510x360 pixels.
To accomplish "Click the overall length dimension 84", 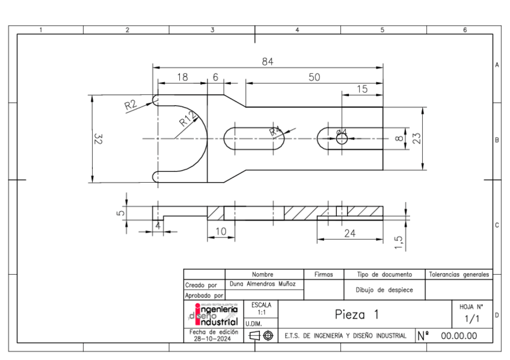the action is [x=268, y=61].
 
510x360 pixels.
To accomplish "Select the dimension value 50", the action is [x=313, y=77].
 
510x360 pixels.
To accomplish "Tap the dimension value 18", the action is [x=182, y=77].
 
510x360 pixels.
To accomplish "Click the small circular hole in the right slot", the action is [x=342, y=139].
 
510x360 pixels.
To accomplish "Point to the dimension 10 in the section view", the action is [x=221, y=231].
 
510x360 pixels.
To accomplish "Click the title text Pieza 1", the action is [x=357, y=314].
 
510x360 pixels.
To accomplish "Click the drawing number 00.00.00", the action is [x=459, y=335].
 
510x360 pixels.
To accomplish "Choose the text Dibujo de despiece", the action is [x=384, y=290].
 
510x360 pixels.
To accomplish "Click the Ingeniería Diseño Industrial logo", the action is [x=214, y=314].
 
